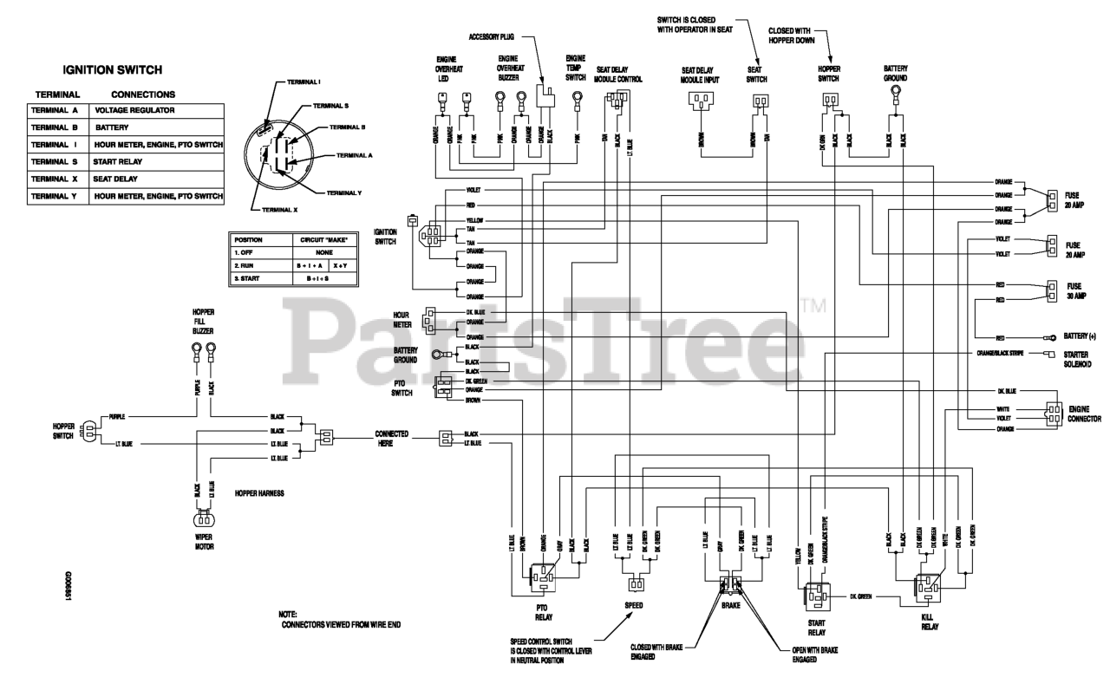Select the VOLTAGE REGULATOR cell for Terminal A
[x=134, y=110]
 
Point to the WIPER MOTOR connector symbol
[x=205, y=521]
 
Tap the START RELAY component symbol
[x=816, y=597]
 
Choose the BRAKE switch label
[x=730, y=605]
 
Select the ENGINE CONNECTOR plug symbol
[x=1053, y=413]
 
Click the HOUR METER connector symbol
[x=430, y=319]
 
